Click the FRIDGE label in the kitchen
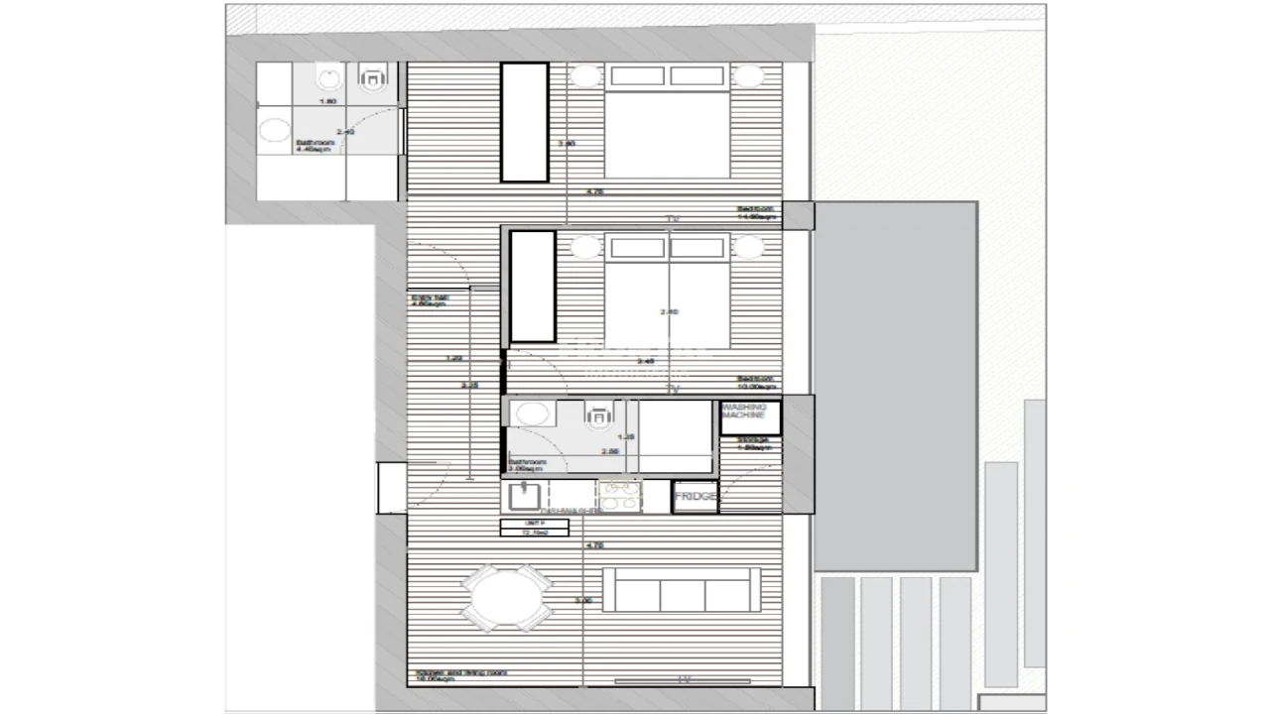[696, 496]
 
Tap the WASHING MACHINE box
[749, 416]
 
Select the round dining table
[508, 598]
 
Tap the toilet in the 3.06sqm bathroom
[598, 417]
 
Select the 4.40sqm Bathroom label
[315, 146]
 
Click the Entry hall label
[430, 299]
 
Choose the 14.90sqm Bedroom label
[755, 212]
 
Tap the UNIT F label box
[534, 528]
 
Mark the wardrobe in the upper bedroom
[525, 123]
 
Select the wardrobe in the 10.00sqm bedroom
[532, 286]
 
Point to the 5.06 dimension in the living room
[583, 601]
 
